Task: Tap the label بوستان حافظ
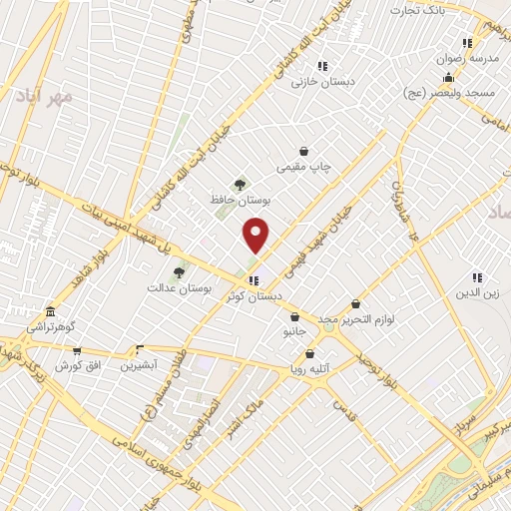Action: (241, 200)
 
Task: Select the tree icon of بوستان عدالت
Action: (179, 271)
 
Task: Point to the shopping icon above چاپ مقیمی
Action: (303, 152)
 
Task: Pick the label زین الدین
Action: (477, 292)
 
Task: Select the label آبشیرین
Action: (139, 365)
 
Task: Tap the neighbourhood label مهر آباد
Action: (44, 97)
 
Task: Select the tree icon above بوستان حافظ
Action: (239, 184)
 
